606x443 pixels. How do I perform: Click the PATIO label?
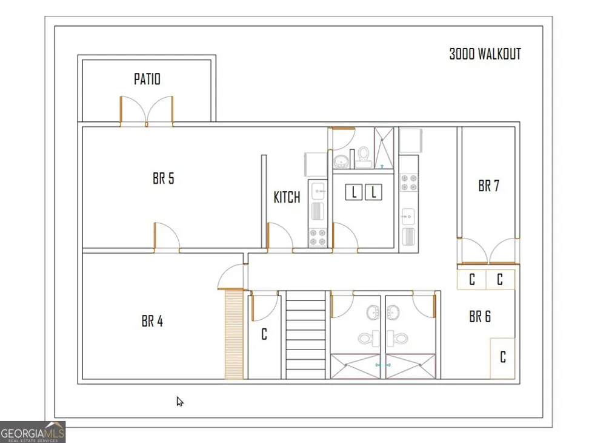point(147,79)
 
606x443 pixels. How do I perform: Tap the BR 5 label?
point(163,178)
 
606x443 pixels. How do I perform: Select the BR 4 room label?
point(152,321)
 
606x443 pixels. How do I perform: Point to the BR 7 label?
point(488,186)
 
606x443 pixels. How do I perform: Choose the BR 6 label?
point(479,317)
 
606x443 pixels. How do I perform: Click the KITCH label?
point(287,197)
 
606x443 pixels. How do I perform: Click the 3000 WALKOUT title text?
point(485,54)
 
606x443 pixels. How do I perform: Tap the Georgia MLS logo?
point(33,432)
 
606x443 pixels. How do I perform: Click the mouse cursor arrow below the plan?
point(180,402)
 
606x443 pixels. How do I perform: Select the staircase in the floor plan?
point(305,335)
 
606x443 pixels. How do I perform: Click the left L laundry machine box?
point(354,192)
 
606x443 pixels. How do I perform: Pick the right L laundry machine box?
point(373,192)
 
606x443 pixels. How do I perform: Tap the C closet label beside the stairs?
point(264,334)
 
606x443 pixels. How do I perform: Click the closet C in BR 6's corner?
point(503,357)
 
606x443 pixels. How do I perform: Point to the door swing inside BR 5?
point(167,237)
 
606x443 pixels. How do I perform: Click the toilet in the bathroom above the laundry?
point(363,157)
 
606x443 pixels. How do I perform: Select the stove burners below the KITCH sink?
point(318,237)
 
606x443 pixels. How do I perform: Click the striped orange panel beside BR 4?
point(234,334)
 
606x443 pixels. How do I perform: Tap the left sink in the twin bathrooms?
point(373,313)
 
